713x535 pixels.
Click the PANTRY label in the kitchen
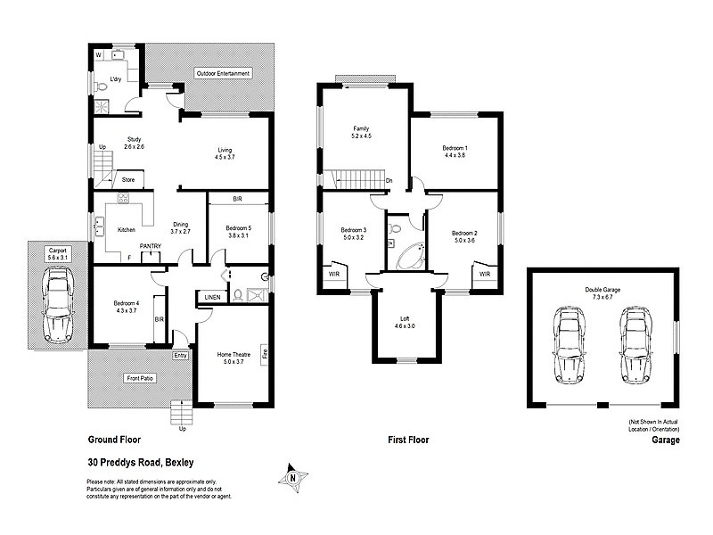(149, 247)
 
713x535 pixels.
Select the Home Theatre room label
(234, 355)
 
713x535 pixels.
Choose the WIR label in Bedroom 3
(333, 274)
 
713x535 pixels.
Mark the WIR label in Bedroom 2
(485, 274)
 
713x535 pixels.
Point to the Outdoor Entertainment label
(223, 73)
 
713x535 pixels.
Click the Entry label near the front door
(181, 355)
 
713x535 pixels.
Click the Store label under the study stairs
(127, 179)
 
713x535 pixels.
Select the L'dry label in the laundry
(115, 80)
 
